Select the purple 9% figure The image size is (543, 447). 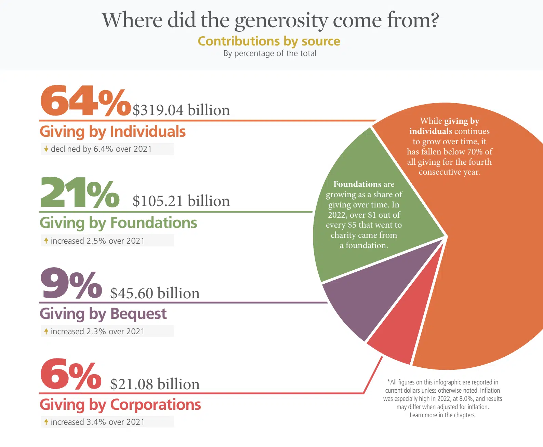[71, 283]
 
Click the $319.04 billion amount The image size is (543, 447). [181, 110]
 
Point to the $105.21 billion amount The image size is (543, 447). [181, 201]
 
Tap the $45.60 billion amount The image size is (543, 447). [155, 293]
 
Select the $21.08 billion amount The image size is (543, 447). [155, 384]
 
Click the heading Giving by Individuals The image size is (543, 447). [112, 132]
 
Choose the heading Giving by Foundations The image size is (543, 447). [118, 223]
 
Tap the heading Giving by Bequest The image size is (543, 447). [103, 314]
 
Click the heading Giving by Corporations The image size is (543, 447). [120, 405]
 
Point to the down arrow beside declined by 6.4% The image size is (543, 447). [46, 149]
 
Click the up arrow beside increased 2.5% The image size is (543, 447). [46, 241]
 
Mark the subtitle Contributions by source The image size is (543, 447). [269, 41]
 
